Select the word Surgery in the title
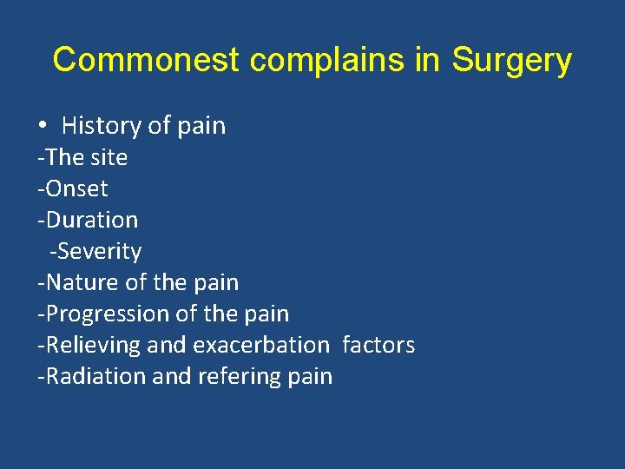pos(513,61)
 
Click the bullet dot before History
pos(43,126)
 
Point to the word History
pos(102,126)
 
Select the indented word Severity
pos(98,251)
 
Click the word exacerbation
pos(260,345)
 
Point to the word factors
pos(378,345)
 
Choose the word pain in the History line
pos(201,126)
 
